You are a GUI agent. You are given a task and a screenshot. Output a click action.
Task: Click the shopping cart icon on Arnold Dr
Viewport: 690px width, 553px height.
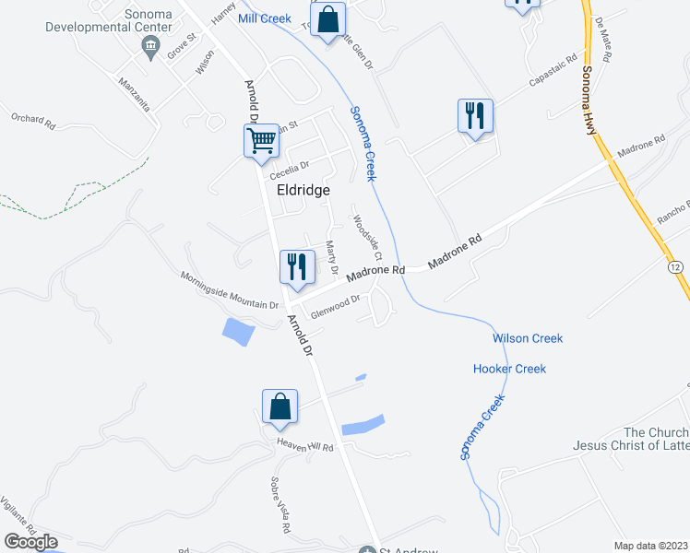pyautogui.click(x=262, y=141)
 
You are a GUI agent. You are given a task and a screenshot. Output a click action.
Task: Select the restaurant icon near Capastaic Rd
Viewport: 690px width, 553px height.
pyautogui.click(x=475, y=116)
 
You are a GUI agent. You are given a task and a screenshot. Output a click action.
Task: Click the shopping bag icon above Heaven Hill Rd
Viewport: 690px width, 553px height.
pyautogui.click(x=280, y=406)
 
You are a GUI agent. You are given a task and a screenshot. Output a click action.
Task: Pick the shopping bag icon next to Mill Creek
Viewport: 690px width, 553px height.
pyautogui.click(x=327, y=19)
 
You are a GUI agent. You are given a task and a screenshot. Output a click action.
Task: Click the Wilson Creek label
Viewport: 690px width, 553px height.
pyautogui.click(x=527, y=338)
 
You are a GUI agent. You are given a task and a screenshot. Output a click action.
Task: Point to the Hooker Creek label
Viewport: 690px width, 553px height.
pyautogui.click(x=509, y=369)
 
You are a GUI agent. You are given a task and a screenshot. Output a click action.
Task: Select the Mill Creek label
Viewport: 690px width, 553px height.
pyautogui.click(x=264, y=18)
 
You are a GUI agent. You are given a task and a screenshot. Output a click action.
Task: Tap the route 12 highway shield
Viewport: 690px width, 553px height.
pyautogui.click(x=677, y=266)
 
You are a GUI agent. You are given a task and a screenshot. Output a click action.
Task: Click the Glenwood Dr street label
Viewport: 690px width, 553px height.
pyautogui.click(x=335, y=305)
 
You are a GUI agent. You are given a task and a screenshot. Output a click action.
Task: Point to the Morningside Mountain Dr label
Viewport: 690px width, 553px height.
pyautogui.click(x=229, y=289)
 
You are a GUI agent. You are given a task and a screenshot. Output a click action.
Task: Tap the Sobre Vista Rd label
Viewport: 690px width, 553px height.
pyautogui.click(x=280, y=505)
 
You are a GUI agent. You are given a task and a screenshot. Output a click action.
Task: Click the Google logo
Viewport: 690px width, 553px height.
pyautogui.click(x=30, y=542)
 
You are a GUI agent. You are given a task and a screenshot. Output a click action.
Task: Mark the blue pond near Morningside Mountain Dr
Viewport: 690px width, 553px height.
pyautogui.click(x=238, y=331)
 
